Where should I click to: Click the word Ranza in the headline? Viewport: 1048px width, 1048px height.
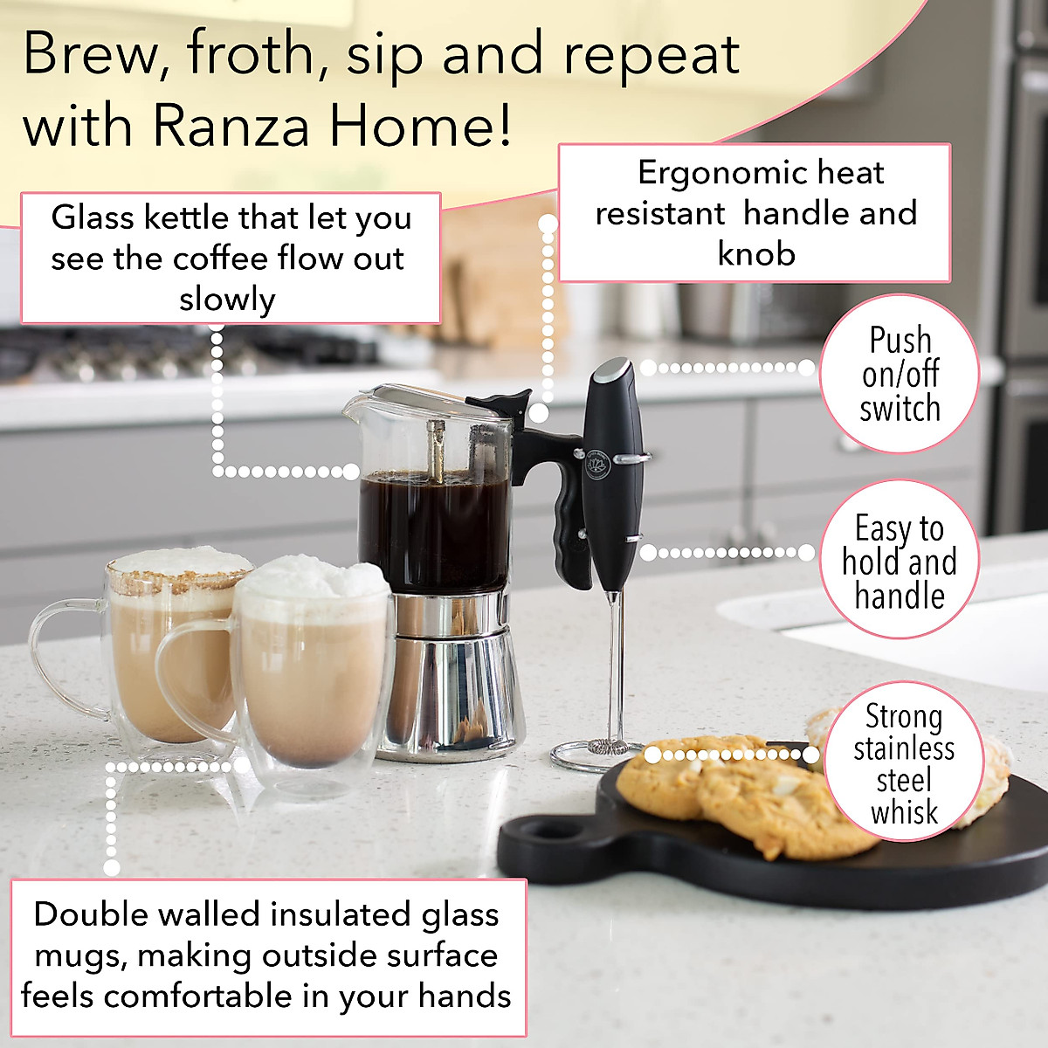coord(231,126)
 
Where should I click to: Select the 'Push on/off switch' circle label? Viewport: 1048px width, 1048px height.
coord(900,374)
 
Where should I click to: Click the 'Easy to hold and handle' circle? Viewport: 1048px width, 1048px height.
coord(900,561)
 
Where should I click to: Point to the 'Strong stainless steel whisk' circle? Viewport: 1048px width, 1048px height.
coord(904,763)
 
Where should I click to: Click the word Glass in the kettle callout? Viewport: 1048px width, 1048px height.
coord(93,217)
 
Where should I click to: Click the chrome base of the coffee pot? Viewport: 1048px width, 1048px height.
coord(454,681)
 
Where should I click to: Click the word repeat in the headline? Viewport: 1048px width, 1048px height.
coord(652,54)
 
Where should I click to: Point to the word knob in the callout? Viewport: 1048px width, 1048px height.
coord(756,254)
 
